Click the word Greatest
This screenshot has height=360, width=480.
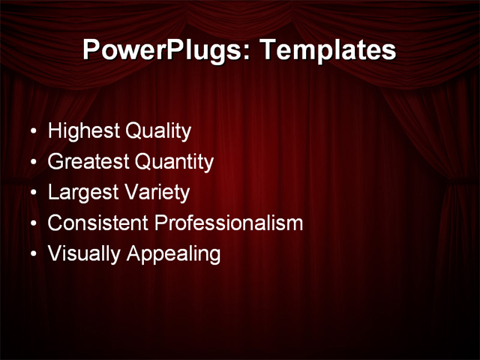[x=88, y=162]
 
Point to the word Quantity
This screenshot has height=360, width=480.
[x=174, y=162]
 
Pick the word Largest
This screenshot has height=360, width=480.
[x=82, y=193]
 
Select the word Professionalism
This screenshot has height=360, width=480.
[x=229, y=223]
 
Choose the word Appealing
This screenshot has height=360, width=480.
[x=173, y=254]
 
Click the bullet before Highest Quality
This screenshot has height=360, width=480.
[x=32, y=133]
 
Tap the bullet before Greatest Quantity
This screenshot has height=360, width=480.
[x=32, y=163]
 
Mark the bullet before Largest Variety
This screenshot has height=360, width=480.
[x=32, y=193]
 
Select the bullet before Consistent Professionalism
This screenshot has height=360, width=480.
[x=32, y=223]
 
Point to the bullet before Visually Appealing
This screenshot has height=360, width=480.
[x=32, y=254]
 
